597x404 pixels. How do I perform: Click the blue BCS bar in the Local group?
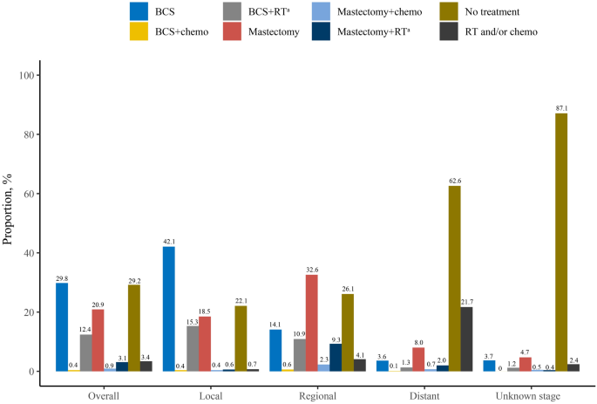tap(168, 309)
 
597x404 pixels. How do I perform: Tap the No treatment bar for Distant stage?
tap(454, 279)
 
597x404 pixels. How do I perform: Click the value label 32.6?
tap(311, 269)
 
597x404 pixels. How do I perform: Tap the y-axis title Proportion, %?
tap(9, 223)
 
